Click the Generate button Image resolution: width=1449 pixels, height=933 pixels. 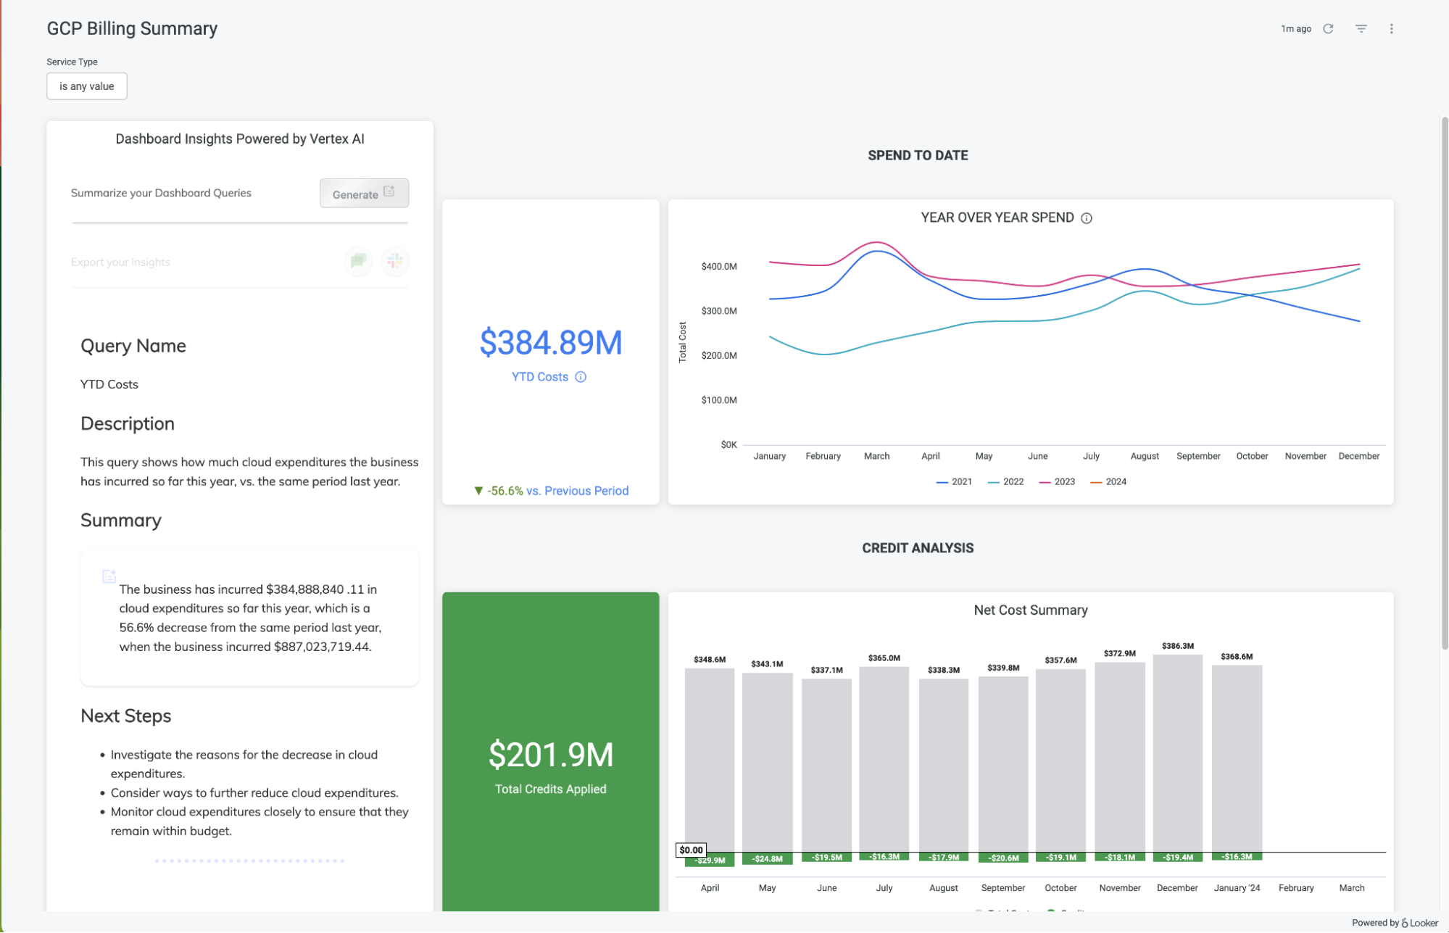point(364,194)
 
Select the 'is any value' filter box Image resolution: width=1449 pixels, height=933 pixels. point(87,86)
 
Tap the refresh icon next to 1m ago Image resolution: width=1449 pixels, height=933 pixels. point(1328,29)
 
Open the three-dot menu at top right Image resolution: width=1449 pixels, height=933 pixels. point(1391,29)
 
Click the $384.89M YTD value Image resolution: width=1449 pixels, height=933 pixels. point(551,343)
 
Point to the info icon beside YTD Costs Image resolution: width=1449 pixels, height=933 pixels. point(581,377)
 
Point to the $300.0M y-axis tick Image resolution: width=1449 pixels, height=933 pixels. point(718,311)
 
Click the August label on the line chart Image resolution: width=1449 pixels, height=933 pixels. point(1145,456)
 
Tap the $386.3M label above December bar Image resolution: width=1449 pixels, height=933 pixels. point(1177,646)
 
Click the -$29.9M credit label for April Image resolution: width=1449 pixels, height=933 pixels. point(710,861)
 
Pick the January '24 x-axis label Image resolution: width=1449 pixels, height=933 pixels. point(1237,888)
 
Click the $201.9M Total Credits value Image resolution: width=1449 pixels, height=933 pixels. point(551,755)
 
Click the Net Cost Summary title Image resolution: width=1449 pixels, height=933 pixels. point(1030,610)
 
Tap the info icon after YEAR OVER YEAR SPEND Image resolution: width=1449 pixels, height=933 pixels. point(1087,218)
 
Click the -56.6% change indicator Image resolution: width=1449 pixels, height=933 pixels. point(505,491)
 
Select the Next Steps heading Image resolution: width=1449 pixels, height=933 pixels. point(126,716)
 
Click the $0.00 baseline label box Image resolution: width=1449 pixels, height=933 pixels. point(691,850)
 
